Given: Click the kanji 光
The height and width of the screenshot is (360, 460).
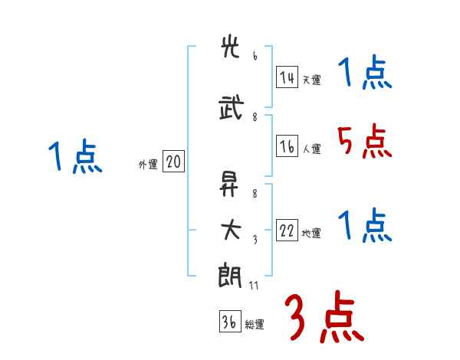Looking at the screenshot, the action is coord(231,47).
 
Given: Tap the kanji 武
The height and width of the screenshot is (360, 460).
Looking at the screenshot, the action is coord(231,108).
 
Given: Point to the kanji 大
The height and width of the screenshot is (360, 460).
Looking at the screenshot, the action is coord(231,229).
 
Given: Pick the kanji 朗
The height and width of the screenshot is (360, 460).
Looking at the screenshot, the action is coord(231,274).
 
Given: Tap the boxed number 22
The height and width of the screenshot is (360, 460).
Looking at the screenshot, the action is coord(287,231).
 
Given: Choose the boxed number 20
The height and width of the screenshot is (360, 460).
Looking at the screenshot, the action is coord(173,162).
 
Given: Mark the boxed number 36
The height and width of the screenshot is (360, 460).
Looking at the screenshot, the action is coord(229,322).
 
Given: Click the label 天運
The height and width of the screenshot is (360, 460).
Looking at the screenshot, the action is coord(312,80).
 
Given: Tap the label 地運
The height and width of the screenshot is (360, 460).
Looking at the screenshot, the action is coord(312,234).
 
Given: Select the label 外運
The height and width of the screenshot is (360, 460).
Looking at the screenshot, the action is coord(147,164).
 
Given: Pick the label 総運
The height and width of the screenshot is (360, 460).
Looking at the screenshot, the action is coord(255,325).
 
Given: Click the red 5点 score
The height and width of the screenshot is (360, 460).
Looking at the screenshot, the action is coord(363,141).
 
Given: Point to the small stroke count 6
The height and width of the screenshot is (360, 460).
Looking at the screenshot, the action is coord(255,56).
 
